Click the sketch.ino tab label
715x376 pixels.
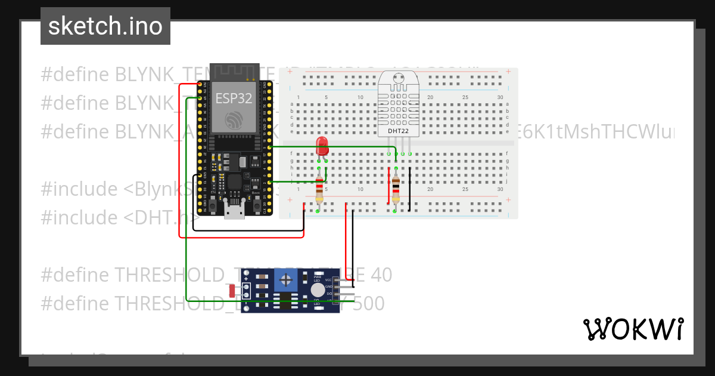point(105,26)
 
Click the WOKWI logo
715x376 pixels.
point(633,329)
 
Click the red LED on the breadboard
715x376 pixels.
point(322,143)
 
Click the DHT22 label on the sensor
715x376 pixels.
point(397,131)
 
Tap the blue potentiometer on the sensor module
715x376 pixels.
point(287,279)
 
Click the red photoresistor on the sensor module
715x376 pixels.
point(231,291)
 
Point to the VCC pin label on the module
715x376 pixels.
point(328,280)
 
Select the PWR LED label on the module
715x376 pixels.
point(317,279)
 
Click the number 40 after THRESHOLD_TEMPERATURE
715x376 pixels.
point(381,275)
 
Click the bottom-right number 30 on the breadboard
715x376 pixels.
point(500,190)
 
